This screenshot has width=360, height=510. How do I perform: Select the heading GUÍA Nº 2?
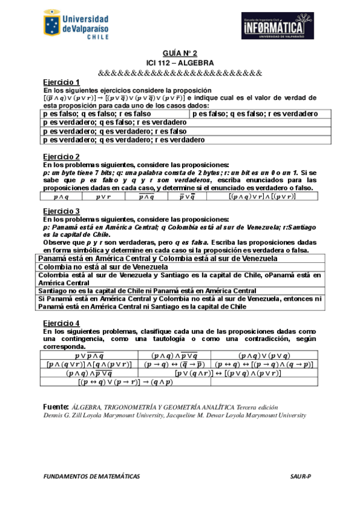[180, 53]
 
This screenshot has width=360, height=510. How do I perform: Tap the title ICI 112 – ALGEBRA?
[180, 62]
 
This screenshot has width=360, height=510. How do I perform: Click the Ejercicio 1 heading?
[61, 81]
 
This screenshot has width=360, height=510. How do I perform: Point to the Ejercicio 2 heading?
[61, 156]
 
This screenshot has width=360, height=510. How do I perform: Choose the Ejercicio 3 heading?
[61, 211]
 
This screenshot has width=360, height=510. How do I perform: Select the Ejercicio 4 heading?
[61, 322]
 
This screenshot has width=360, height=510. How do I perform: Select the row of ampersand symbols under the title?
[180, 72]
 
